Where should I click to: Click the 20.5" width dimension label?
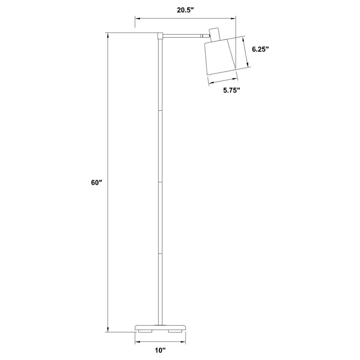pyautogui.click(x=185, y=10)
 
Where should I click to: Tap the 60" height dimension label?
pyautogui.click(x=97, y=182)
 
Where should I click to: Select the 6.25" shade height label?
pyautogui.click(x=260, y=49)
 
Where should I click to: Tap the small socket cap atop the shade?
pyautogui.click(x=215, y=34)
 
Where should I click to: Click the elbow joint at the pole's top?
pyautogui.click(x=160, y=36)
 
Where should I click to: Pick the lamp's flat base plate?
pyautogui.click(x=160, y=327)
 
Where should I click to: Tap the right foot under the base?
pyautogui.click(x=174, y=331)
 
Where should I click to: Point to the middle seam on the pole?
pyautogui.click(x=160, y=182)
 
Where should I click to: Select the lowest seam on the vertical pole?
pyautogui.click(x=160, y=254)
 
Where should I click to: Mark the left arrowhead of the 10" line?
pyautogui.click(x=137, y=342)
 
